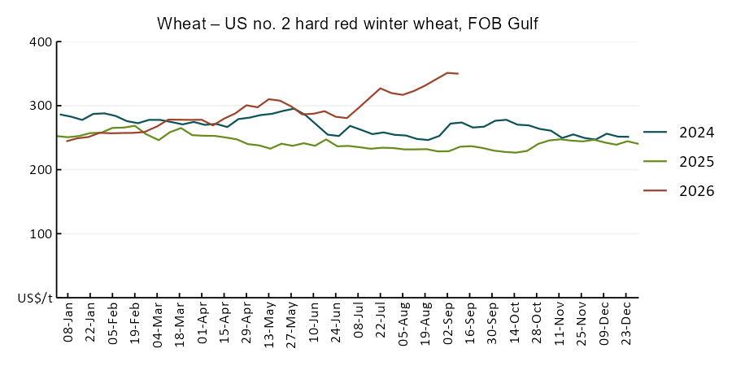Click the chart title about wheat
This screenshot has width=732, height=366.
[347, 24]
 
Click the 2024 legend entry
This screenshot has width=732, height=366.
[679, 133]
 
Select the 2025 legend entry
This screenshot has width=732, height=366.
[679, 162]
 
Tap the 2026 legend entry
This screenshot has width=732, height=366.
[679, 191]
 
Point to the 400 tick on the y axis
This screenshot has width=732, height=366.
[42, 41]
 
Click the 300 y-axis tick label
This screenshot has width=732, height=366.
[42, 106]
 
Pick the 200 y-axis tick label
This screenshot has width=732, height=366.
[42, 169]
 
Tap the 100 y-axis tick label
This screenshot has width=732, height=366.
[42, 233]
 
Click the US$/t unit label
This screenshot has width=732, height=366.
[36, 298]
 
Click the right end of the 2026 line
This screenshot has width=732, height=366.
[459, 74]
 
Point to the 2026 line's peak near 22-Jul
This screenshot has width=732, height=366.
[381, 88]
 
